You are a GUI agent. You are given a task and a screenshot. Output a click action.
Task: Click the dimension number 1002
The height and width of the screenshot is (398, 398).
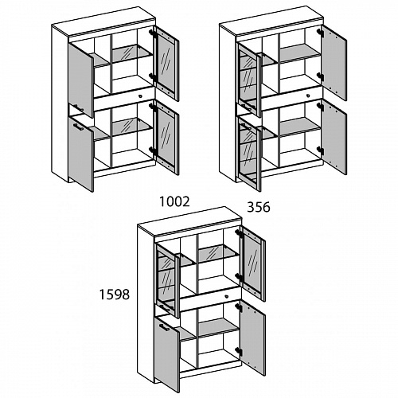174,201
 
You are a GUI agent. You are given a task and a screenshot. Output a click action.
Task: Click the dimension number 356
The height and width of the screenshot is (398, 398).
259,207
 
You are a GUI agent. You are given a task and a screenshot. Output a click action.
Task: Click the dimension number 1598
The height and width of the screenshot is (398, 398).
115,295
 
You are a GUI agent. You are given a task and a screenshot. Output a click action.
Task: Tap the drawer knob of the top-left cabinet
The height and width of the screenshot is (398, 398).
140,96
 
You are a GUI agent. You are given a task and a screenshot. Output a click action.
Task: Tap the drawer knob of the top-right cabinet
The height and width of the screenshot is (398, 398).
308,96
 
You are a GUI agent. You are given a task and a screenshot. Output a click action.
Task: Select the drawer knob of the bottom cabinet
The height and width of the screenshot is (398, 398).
226,296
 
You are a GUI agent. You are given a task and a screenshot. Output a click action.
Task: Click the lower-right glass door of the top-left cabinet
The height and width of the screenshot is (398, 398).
166,138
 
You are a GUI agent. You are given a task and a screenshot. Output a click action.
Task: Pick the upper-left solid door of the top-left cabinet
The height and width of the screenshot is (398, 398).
81,80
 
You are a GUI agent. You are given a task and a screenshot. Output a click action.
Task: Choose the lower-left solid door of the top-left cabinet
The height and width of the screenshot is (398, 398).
81,154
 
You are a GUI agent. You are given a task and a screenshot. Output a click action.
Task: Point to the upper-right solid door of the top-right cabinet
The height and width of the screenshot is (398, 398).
334,63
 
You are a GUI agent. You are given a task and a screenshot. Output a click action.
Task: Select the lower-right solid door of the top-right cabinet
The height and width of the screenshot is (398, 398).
334,137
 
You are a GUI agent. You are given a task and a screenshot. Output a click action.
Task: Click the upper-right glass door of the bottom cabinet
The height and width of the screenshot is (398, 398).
253,263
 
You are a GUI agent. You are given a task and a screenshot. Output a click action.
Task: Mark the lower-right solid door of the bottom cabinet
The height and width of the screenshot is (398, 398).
253,338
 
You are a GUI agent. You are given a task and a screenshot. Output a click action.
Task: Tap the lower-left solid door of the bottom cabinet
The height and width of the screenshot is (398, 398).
167,354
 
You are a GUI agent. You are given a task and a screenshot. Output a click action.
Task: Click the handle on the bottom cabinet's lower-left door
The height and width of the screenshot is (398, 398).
164,327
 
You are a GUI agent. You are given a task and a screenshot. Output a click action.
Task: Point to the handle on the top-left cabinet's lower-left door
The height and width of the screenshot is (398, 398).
78,127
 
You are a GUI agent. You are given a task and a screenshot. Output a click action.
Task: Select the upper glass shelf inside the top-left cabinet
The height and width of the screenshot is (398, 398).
132,53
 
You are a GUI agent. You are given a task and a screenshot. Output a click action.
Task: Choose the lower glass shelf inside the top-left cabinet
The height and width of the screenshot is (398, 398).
132,127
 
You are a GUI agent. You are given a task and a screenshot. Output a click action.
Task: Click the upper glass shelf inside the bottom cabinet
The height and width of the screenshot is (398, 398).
218,254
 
